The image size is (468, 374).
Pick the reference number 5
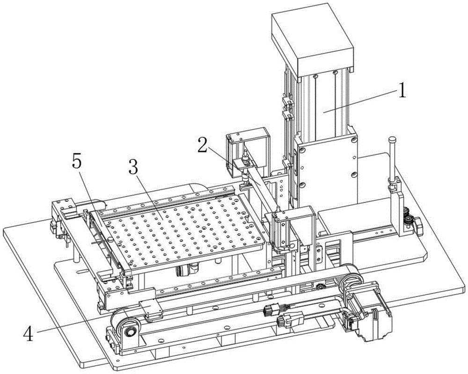point(77,163)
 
